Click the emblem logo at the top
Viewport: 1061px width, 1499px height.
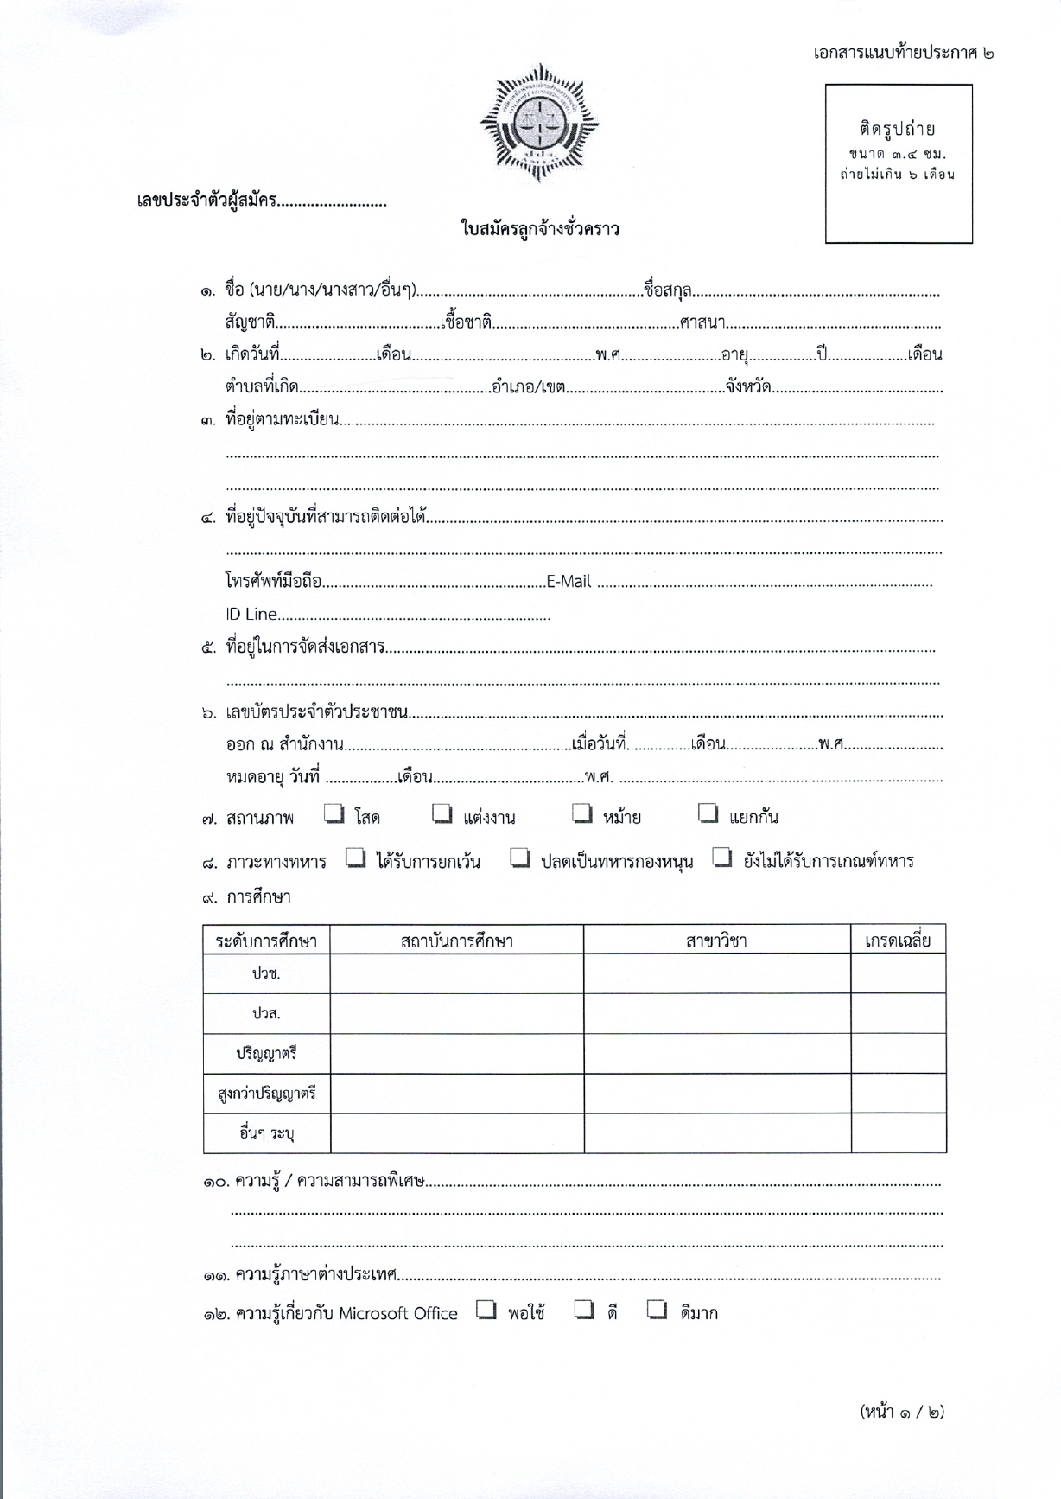coord(539,122)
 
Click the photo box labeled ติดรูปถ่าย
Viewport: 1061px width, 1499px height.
coord(899,163)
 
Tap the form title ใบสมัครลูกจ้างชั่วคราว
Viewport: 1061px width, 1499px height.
coord(540,230)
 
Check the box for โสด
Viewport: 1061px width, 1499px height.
coord(334,813)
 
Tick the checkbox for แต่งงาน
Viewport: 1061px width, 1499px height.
coord(442,813)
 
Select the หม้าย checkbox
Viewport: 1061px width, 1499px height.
coord(583,813)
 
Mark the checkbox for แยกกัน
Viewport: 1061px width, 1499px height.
coord(708,813)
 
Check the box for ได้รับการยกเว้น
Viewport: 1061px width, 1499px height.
coord(355,858)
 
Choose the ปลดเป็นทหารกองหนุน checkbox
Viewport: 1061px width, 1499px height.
coord(519,858)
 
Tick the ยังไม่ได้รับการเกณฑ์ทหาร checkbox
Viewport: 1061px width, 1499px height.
coord(722,858)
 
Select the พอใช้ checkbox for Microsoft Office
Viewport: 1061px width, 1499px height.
coord(486,1311)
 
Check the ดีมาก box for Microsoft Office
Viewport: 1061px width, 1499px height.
coord(658,1311)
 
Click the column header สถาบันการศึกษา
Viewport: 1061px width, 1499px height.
coord(456,941)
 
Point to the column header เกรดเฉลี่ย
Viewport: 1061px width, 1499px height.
coord(898,941)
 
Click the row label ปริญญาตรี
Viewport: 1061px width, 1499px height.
coord(266,1054)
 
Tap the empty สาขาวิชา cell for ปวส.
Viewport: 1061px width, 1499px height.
coord(716,1013)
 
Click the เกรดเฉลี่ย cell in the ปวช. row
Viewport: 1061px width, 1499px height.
coord(898,973)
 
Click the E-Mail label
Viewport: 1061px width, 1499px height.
coord(569,582)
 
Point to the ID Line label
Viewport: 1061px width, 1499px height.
coord(251,615)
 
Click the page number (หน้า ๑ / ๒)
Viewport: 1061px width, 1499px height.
coord(902,1412)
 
